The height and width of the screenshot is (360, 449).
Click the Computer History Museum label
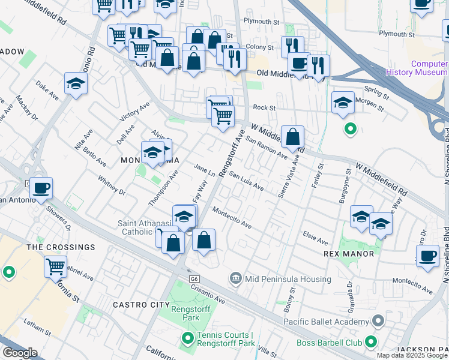429,68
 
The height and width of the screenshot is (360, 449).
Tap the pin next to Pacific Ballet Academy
378,322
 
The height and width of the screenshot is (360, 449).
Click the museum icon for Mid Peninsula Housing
235,279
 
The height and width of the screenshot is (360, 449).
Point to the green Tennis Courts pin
187,340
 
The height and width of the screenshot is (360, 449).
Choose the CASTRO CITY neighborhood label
141,305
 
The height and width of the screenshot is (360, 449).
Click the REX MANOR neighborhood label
349,254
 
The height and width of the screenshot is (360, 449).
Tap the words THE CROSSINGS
61,247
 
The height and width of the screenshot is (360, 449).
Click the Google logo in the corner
20,353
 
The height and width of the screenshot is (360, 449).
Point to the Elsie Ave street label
315,238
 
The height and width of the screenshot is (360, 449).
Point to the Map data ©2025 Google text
412,355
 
